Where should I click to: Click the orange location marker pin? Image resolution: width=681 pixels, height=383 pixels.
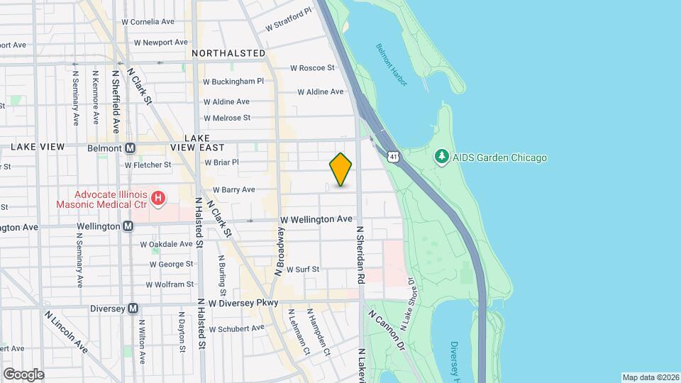[x=340, y=169]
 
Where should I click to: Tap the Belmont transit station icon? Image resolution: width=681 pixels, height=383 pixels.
[x=130, y=148]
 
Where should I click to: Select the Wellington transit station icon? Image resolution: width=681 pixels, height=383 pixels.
[x=128, y=226]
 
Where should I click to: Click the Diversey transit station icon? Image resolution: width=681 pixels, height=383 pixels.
[x=133, y=309]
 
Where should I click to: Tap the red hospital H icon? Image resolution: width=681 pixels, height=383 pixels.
[x=158, y=197]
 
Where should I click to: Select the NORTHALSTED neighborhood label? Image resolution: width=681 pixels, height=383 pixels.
[x=228, y=53]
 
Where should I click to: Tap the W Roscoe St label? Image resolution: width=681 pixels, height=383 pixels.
[x=312, y=68]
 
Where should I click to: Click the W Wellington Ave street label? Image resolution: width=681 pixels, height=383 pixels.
[x=316, y=220]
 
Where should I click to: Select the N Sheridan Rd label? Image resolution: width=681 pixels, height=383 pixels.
[x=360, y=255]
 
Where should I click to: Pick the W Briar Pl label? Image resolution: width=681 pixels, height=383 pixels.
[x=221, y=162]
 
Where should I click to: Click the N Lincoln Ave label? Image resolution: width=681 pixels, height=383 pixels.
[x=66, y=331]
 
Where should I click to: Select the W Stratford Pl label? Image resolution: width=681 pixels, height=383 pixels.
[x=289, y=20]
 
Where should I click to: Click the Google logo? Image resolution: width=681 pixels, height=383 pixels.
[x=23, y=374]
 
